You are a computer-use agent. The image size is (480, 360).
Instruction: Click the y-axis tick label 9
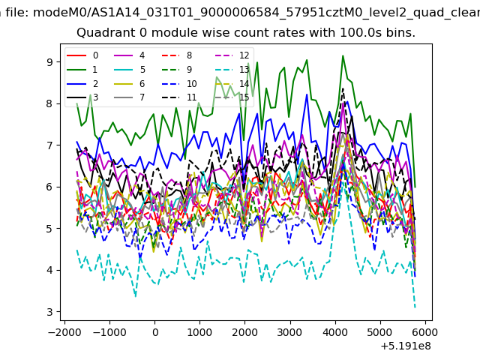[49, 62]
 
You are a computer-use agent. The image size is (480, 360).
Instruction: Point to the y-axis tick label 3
[49, 312]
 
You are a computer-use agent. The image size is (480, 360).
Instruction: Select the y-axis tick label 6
[49, 187]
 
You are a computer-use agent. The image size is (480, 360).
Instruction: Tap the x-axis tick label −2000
[65, 332]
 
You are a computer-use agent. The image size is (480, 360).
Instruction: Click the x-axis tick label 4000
[335, 332]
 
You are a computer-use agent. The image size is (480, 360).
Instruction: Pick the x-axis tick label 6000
[425, 332]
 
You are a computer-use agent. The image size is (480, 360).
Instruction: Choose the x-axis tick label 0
[155, 332]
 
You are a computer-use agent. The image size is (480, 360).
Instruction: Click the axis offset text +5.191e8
[406, 346]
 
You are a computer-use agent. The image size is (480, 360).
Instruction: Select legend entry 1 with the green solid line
[82, 70]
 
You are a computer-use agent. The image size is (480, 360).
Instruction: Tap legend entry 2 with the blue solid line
[82, 84]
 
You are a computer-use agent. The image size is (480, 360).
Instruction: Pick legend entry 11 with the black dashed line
[179, 97]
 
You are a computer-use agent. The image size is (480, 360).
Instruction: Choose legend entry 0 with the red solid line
[82, 55]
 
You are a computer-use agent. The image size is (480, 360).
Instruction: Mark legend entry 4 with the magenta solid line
[129, 55]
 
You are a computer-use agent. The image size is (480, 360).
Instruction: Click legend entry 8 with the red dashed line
[177, 55]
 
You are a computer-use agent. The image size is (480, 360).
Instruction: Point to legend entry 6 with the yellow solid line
[129, 84]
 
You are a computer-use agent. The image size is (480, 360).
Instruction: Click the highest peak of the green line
[343, 55]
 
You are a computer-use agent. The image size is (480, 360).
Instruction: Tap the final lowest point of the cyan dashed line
[415, 307]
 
